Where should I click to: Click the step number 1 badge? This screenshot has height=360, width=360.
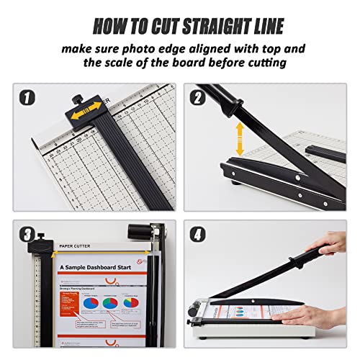27,97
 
